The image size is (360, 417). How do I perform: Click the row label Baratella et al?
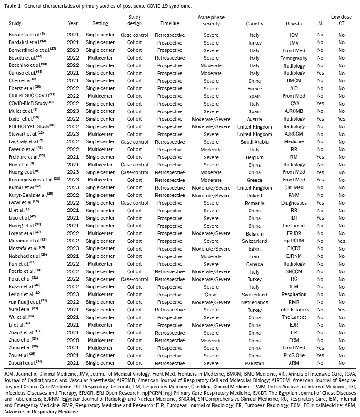[x=25, y=35]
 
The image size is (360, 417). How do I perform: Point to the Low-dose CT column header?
[x=341, y=20]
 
